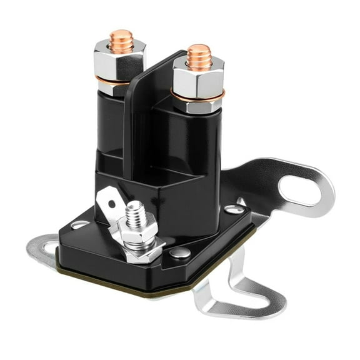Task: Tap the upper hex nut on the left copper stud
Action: pyautogui.click(x=120, y=57)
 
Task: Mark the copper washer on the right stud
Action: pyautogui.click(x=197, y=95)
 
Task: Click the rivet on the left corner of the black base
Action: pyautogui.click(x=80, y=224)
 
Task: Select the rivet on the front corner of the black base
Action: pyautogui.click(x=181, y=252)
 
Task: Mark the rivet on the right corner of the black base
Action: pyautogui.click(x=232, y=209)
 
